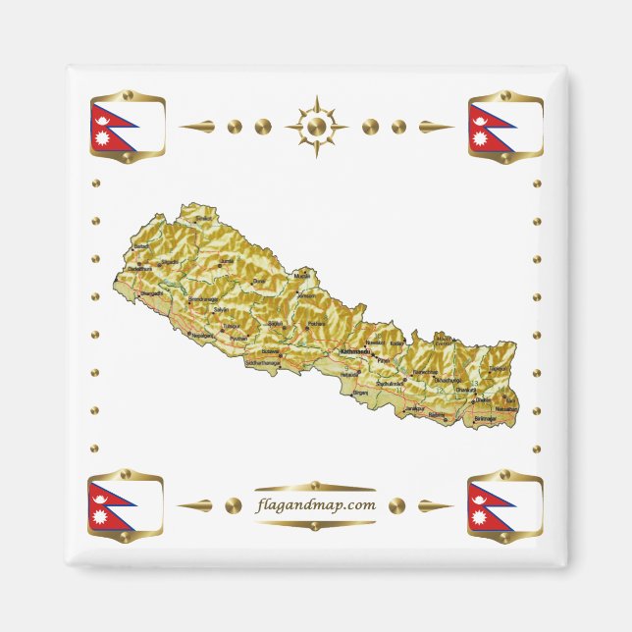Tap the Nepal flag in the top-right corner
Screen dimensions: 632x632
point(505,128)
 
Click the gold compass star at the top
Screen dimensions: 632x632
point(316,127)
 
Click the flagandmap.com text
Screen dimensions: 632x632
point(315,505)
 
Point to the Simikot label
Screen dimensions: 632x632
point(204,219)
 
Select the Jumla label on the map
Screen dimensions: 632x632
point(228,260)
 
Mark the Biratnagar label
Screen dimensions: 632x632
point(486,418)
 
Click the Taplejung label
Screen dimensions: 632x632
point(499,369)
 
